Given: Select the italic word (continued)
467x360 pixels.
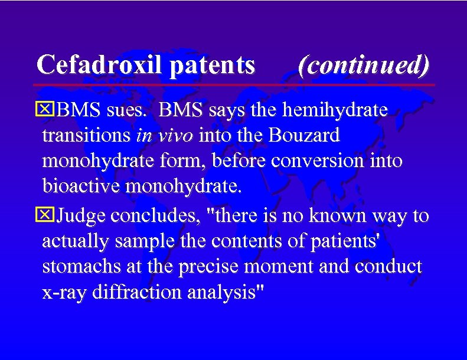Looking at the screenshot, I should pos(364,65).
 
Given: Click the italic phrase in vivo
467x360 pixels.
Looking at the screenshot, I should pos(164,136).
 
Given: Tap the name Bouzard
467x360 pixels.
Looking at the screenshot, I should pos(305,136).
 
